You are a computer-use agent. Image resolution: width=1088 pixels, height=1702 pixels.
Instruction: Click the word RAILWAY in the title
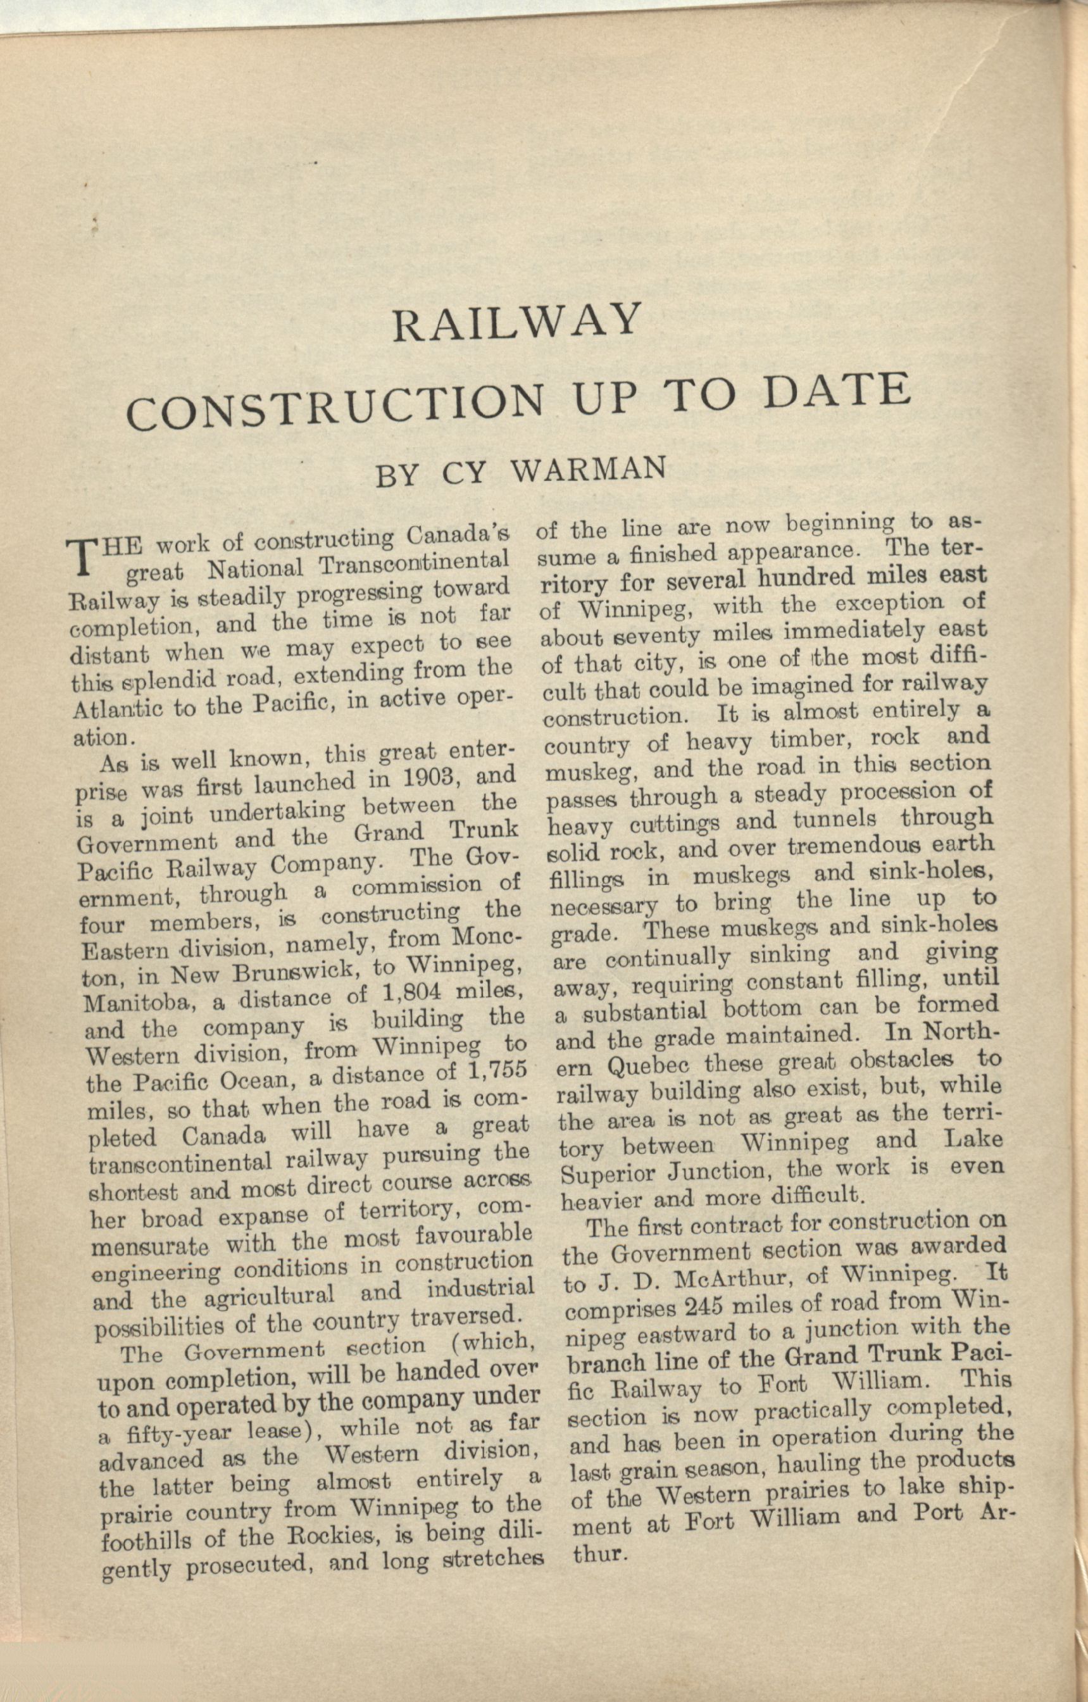516,322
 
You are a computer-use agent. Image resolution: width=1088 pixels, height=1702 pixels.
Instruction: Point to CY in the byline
465,473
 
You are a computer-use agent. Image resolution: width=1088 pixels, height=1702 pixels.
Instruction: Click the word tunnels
834,820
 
